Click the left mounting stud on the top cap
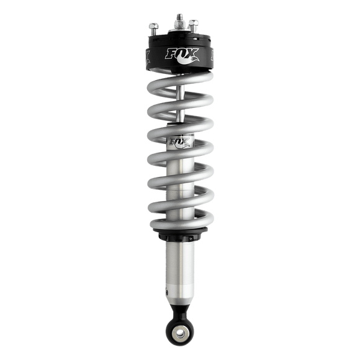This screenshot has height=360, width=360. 152,29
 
